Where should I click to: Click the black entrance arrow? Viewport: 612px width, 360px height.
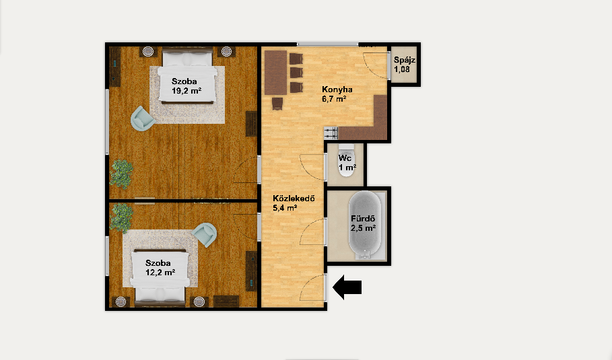pos(347,287)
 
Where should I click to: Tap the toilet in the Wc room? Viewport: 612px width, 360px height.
pos(346,161)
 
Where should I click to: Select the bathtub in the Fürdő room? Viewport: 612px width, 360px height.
pos(365,224)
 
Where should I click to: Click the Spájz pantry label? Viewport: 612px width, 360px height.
pos(405,60)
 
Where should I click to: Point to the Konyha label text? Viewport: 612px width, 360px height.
pos(337,89)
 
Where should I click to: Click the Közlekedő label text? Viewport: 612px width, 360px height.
pos(294,198)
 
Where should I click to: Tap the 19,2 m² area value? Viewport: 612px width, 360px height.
pos(186,91)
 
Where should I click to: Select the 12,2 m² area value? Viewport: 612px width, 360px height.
pos(160,273)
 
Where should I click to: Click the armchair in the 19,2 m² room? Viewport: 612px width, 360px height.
pos(142,118)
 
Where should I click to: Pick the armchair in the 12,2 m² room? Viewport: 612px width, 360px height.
pos(205,235)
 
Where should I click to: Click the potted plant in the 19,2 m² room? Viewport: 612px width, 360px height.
pos(121,174)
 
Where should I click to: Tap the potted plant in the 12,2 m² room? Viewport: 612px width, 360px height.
pos(121,217)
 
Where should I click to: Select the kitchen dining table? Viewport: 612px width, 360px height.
pos(276,73)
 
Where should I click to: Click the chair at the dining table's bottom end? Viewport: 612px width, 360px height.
pos(277,104)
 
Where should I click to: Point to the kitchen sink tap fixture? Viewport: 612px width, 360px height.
pos(331,133)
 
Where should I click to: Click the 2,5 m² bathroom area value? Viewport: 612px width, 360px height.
pos(363,228)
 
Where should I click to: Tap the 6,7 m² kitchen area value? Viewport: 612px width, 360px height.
pos(334,99)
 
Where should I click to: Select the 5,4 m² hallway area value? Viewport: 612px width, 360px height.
pos(285,208)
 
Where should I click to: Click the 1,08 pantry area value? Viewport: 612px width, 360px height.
pos(402,69)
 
